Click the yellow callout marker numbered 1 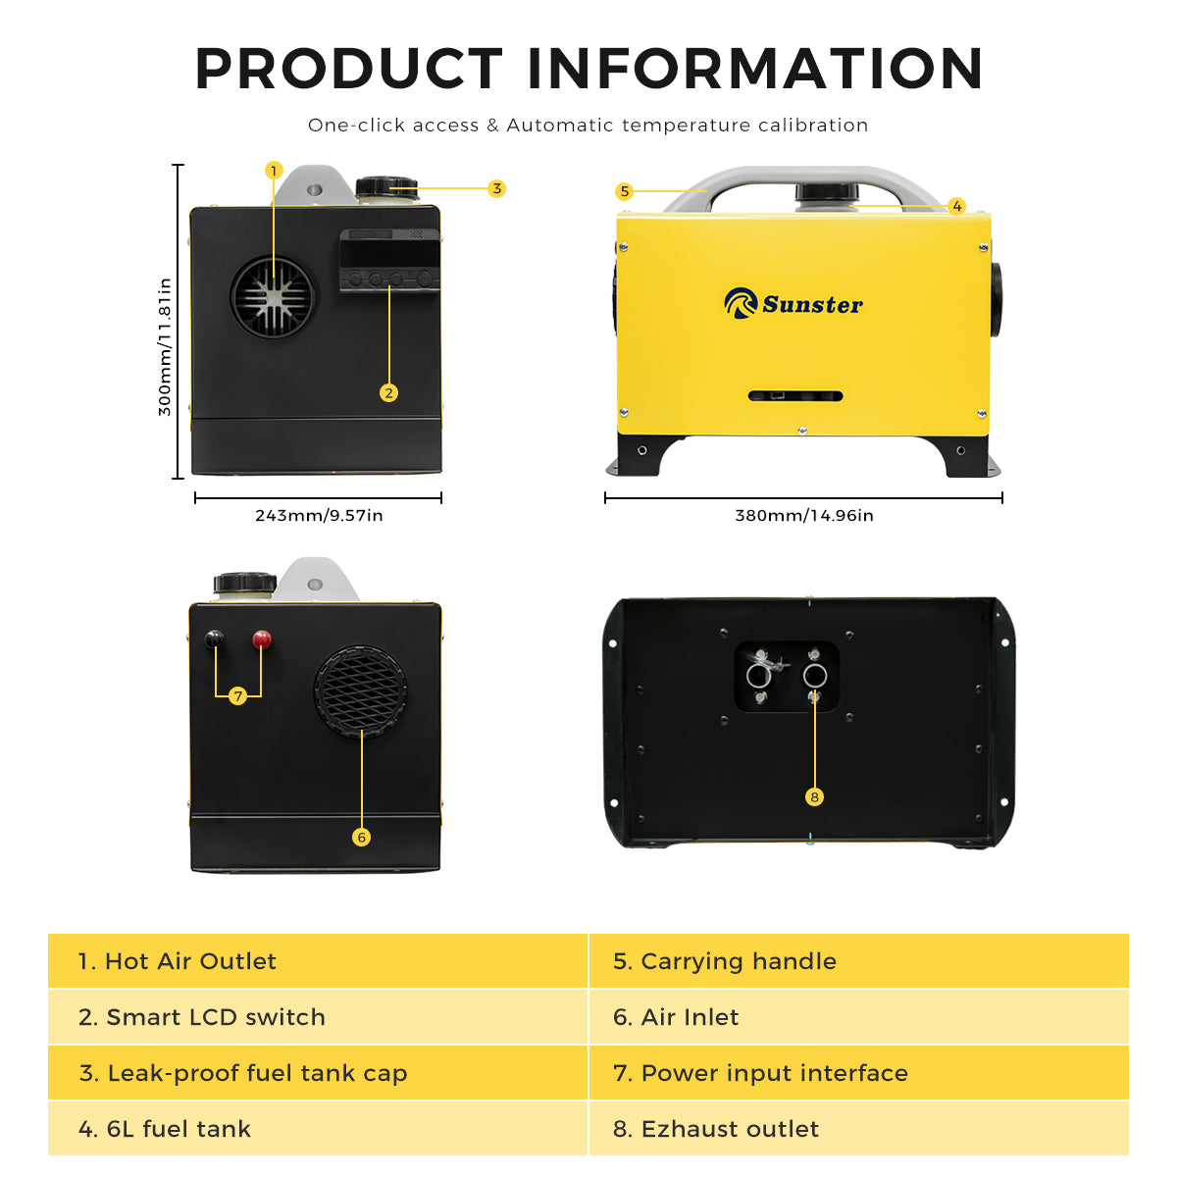tap(274, 171)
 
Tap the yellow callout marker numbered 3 tap(496, 188)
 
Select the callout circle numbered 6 tap(361, 837)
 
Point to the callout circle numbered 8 tap(814, 796)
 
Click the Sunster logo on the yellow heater tap(793, 303)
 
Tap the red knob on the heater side tap(262, 640)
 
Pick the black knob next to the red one tap(214, 640)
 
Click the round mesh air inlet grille tap(360, 691)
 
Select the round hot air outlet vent tap(273, 297)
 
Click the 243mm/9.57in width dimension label tap(319, 516)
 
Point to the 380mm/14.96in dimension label tap(804, 516)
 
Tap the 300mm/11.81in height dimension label tap(165, 347)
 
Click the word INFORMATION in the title tap(755, 69)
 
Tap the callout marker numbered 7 tap(237, 696)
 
